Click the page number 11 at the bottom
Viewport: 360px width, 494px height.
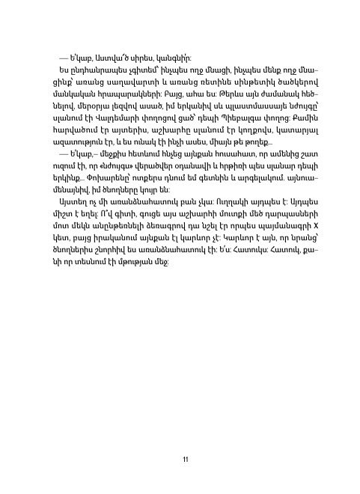(x=184, y=459)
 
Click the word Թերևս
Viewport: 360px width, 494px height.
(x=218, y=95)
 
